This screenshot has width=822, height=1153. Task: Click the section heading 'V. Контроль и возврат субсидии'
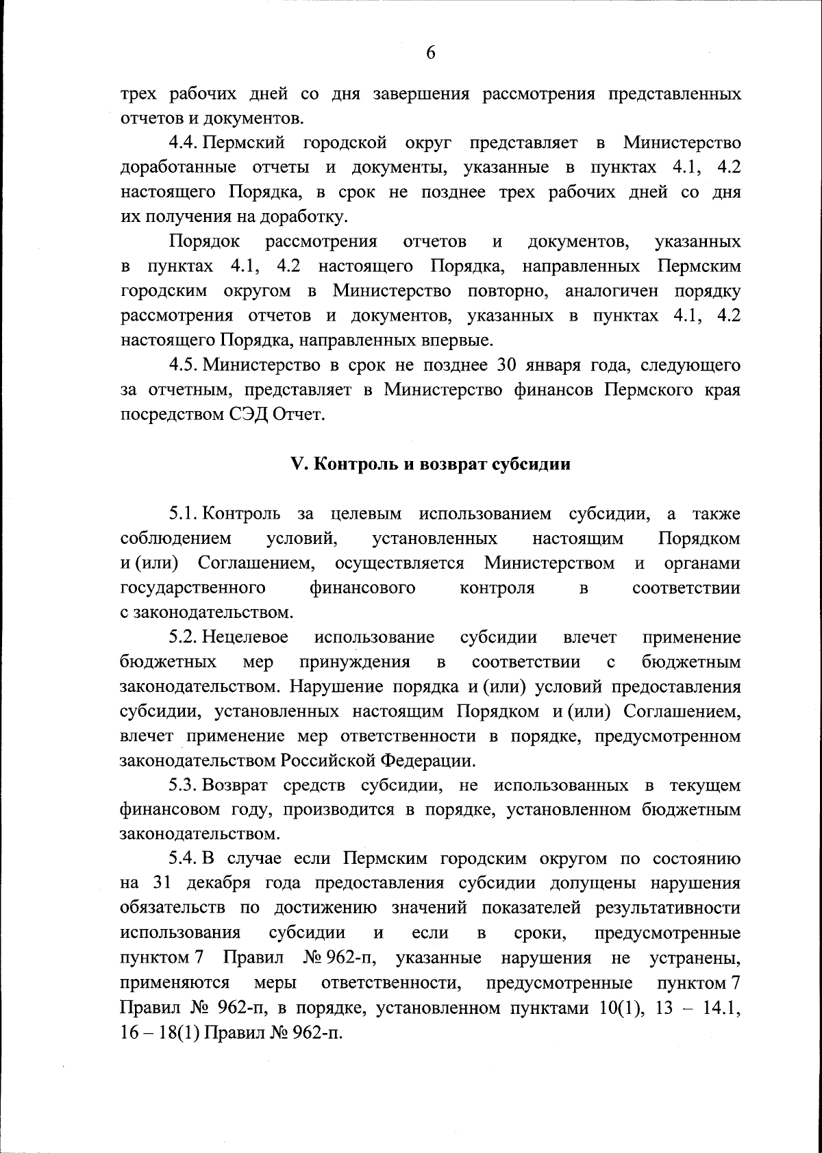431,464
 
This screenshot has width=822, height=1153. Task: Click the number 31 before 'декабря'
161,884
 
